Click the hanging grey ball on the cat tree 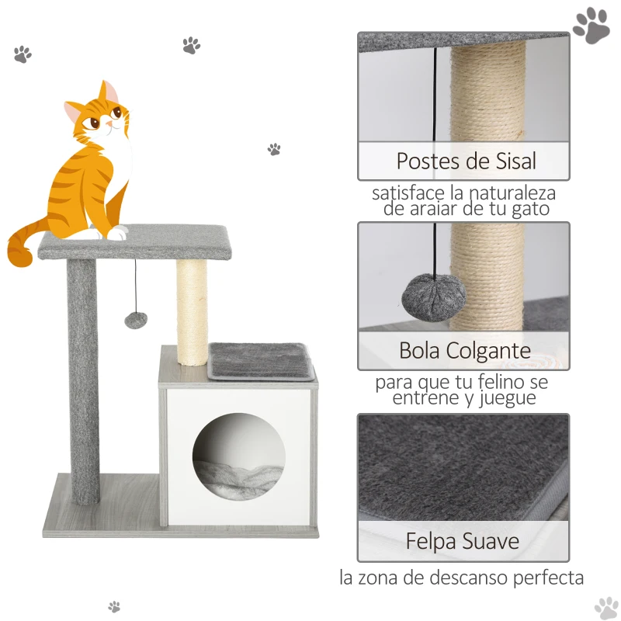137,319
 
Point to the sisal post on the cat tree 192,311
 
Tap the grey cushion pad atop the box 262,361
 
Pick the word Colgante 489,351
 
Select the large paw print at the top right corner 591,26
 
